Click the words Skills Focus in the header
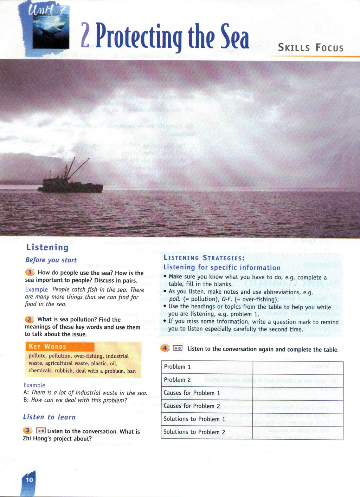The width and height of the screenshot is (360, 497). click(x=310, y=47)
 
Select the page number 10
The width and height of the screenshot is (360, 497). click(x=29, y=480)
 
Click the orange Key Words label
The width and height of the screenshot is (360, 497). click(x=47, y=347)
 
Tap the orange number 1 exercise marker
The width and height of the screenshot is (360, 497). click(x=30, y=272)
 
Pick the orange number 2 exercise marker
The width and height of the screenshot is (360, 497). click(x=30, y=319)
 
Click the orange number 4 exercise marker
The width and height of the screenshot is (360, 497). click(x=165, y=348)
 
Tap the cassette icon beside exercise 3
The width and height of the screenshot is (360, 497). click(x=41, y=431)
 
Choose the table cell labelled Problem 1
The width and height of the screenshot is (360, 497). click(x=207, y=367)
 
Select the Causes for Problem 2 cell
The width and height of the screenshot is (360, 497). click(x=207, y=406)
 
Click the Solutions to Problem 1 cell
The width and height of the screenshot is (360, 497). click(x=207, y=419)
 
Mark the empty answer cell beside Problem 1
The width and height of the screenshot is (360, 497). click(x=298, y=367)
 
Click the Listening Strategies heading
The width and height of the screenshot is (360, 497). click(x=204, y=258)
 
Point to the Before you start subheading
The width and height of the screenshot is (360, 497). click(x=51, y=260)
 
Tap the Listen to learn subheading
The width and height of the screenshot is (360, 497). click(x=49, y=417)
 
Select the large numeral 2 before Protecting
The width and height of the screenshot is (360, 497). click(x=85, y=35)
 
